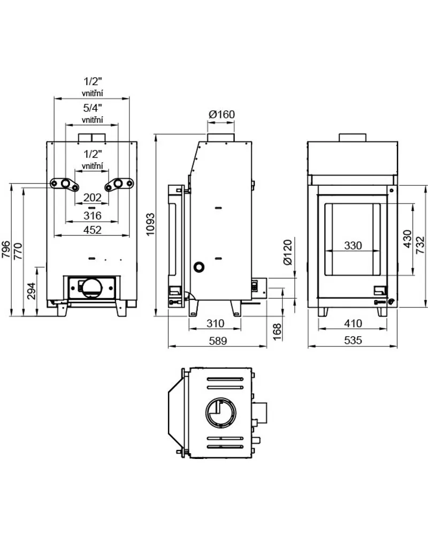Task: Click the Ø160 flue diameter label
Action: coord(221,114)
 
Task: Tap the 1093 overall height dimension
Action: coord(150,224)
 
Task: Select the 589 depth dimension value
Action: coord(217,340)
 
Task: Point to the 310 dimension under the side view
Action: coord(215,323)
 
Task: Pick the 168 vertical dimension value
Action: coord(276,328)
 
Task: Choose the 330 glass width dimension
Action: coord(353,246)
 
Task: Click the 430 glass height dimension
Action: coord(407,239)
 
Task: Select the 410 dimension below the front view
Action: coord(353,323)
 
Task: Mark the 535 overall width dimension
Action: coord(353,340)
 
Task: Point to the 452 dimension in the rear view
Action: coord(92,230)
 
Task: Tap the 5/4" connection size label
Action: coord(92,107)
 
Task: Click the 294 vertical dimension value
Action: coord(31,291)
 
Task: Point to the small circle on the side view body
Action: coord(199,266)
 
